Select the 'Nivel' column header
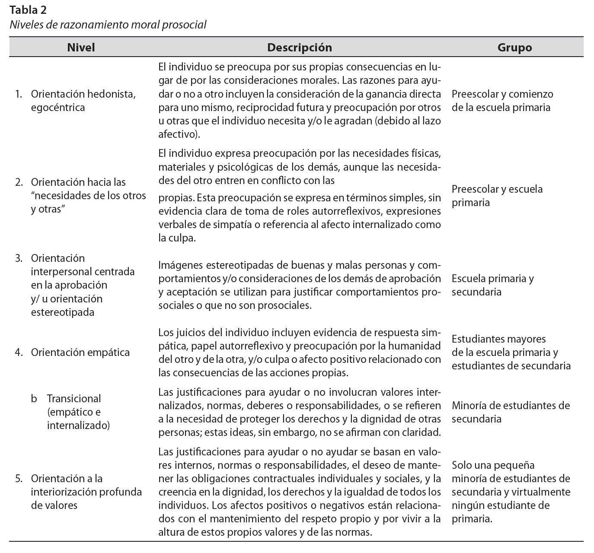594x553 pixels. [81, 48]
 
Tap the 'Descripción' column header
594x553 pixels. [299, 48]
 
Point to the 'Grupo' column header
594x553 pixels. [514, 48]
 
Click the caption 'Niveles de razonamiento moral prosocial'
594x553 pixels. [108, 25]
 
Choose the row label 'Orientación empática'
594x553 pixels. [80, 353]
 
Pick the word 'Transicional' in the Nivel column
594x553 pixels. [74, 399]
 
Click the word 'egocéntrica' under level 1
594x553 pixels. [58, 108]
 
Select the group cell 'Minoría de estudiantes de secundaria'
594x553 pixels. [511, 412]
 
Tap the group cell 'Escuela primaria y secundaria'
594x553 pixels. [492, 285]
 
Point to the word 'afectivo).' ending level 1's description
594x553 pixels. [179, 134]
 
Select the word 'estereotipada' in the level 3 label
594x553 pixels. [62, 312]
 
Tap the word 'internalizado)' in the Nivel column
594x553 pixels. [78, 426]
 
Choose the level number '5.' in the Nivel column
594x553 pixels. [19, 479]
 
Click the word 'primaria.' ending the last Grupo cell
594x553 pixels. [472, 519]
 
